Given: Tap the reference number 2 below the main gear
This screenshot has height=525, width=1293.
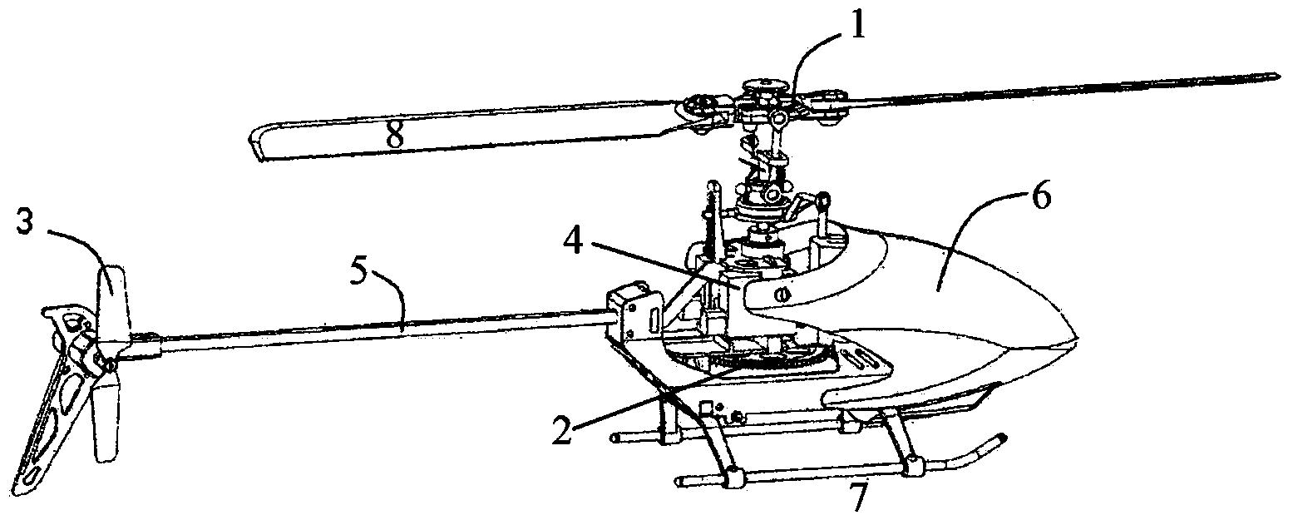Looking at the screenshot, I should pos(563,431).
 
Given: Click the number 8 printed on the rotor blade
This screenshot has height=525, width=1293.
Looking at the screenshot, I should pos(395,136).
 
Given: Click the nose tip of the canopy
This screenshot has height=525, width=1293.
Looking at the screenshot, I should pos(1074,337).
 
